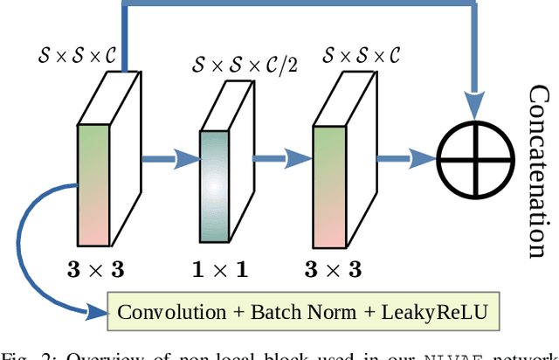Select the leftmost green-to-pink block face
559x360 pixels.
point(93,184)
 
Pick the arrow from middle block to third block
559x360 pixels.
point(281,158)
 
